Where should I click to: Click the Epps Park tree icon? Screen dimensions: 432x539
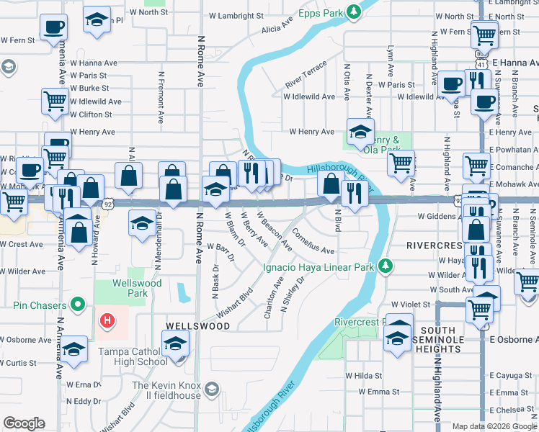click(x=353, y=12)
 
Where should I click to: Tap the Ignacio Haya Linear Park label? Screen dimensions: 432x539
click(x=319, y=267)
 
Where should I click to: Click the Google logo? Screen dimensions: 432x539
click(x=24, y=423)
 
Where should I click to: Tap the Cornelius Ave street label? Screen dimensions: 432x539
click(x=313, y=243)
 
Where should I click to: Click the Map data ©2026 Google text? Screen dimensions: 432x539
click(x=494, y=426)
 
